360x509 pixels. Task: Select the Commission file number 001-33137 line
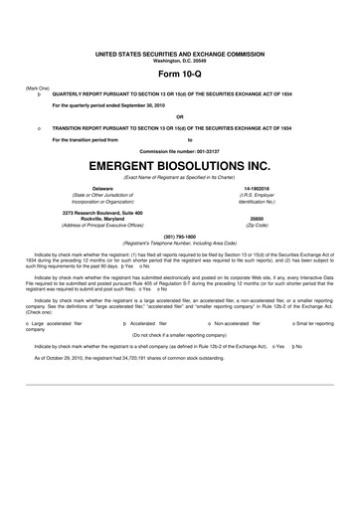(179, 148)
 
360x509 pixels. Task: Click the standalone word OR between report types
(179, 116)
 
